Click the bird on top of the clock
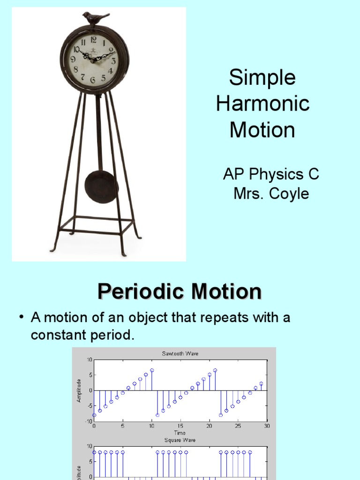click(x=96, y=18)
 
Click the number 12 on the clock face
click(x=94, y=40)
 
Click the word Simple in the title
click(x=262, y=78)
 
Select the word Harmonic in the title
click(x=262, y=104)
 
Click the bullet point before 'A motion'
click(x=21, y=317)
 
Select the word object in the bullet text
click(x=145, y=318)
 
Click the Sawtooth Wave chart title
click(x=180, y=354)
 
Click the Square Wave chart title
click(x=180, y=440)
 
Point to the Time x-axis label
click(x=180, y=433)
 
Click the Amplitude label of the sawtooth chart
click(x=79, y=390)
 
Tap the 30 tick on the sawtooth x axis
click(x=267, y=426)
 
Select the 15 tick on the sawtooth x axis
click(x=180, y=426)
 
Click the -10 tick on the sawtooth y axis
click(x=89, y=421)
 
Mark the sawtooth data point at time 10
click(x=152, y=370)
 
